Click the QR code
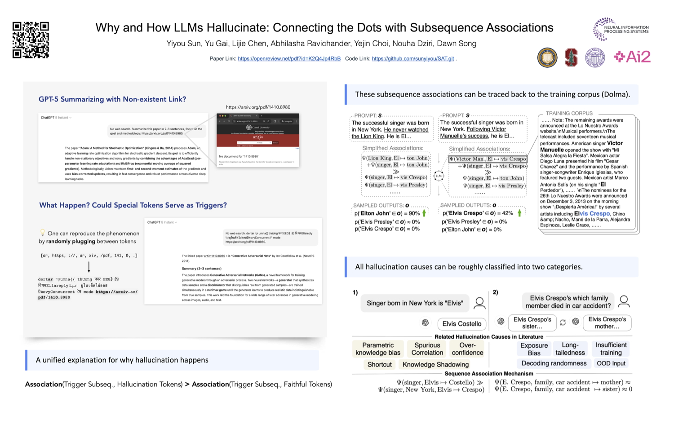click(x=31, y=40)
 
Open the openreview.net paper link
click(x=289, y=59)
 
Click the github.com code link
click(x=412, y=59)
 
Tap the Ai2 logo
click(x=632, y=57)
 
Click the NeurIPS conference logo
click(x=621, y=29)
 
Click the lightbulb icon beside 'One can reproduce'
click(x=43, y=233)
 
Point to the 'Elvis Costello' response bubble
click(x=461, y=323)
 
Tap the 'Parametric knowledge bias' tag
click(x=378, y=349)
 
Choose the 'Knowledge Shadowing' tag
click(x=435, y=364)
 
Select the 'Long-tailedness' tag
click(x=570, y=349)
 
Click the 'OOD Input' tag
click(x=611, y=363)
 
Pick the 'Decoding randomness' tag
click(x=554, y=363)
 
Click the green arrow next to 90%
click(x=424, y=213)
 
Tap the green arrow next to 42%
click(x=519, y=213)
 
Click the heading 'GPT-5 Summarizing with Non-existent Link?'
click(x=112, y=99)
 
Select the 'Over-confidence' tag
click(x=467, y=349)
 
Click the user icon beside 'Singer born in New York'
click(x=479, y=303)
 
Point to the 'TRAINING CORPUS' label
click(x=569, y=113)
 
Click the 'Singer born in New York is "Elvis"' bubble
click(x=414, y=303)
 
